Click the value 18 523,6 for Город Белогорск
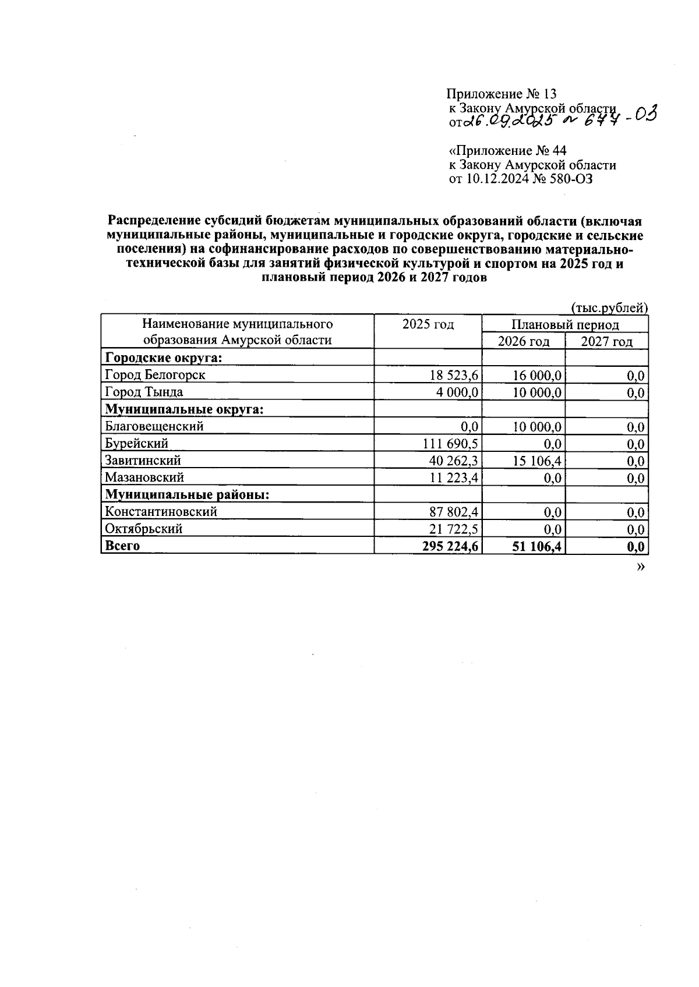pos(454,375)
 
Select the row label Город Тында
pos(144,392)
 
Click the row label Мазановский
pos(144,477)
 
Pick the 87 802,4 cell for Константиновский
pos(454,512)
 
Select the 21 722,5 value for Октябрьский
pos(454,529)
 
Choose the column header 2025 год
pos(428,324)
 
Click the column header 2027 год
pos(606,341)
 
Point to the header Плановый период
pos(565,324)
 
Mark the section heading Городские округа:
pos(163,358)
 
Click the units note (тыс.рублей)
pos(609,307)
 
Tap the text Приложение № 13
pos(502,94)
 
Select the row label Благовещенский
pos(154,426)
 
